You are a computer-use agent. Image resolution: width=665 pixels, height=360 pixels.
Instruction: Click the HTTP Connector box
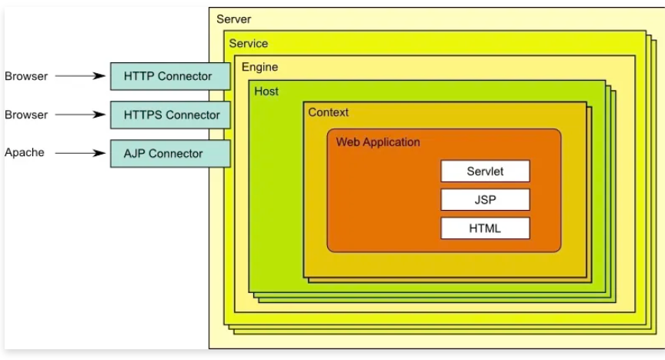(x=170, y=76)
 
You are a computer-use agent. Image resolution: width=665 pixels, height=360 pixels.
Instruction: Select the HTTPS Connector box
(x=170, y=115)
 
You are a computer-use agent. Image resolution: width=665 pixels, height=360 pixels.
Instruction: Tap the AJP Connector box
(x=170, y=153)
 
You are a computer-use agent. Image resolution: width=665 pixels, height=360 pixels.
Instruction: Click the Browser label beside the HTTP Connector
(x=26, y=76)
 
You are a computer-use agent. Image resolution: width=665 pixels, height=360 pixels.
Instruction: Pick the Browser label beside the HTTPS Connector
(x=26, y=115)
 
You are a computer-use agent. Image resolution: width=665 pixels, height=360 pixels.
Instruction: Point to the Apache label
(x=25, y=152)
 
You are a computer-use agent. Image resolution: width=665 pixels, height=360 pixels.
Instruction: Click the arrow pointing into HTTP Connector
(x=80, y=76)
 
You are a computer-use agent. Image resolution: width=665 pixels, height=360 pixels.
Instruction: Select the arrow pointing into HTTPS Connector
(x=80, y=115)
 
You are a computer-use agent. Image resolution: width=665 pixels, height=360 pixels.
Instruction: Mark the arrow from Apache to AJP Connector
(x=80, y=153)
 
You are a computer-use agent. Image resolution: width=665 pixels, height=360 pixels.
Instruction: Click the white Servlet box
(x=485, y=171)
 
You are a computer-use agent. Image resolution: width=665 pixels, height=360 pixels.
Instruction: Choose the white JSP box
(x=485, y=199)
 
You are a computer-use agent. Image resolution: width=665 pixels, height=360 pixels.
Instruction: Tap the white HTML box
(x=485, y=228)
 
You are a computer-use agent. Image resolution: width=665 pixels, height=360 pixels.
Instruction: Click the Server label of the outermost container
(x=234, y=18)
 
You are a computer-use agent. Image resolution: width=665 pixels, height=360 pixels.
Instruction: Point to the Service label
(x=249, y=43)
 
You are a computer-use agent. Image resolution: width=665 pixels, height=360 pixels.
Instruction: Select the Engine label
(x=260, y=67)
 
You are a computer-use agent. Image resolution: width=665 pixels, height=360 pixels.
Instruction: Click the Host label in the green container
(x=266, y=91)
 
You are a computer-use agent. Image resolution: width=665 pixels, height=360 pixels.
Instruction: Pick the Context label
(x=328, y=112)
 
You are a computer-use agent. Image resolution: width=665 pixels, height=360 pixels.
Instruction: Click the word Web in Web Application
(x=348, y=142)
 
